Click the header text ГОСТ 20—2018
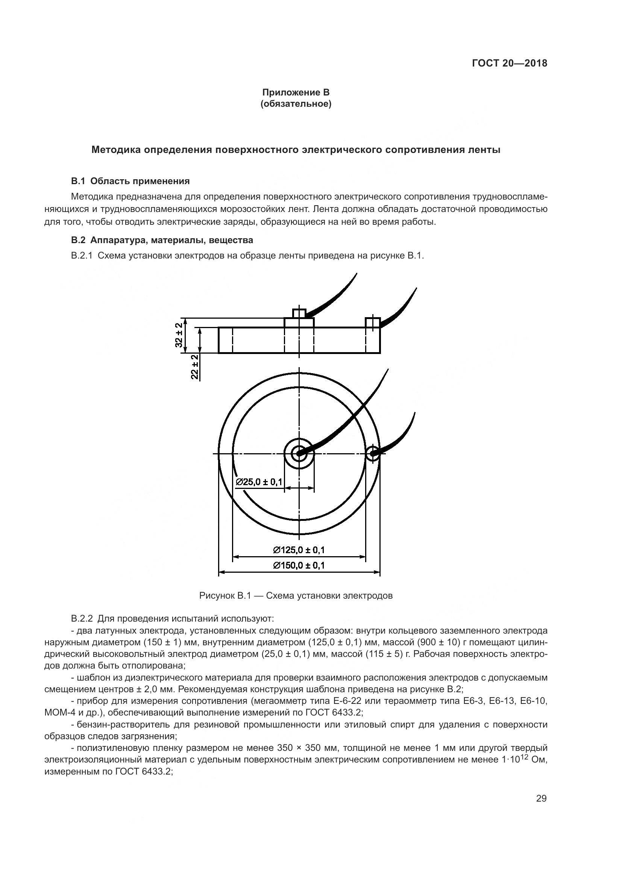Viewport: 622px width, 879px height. (x=509, y=63)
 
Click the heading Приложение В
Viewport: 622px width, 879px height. (x=296, y=92)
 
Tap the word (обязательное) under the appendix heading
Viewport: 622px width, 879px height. (x=296, y=104)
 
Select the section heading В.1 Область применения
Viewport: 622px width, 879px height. (x=130, y=181)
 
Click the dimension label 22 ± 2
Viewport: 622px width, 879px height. (x=195, y=367)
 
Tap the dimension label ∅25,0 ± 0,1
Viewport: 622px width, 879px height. (x=259, y=482)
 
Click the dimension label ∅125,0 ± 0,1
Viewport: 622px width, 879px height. (x=299, y=550)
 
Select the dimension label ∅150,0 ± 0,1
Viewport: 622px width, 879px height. (x=299, y=566)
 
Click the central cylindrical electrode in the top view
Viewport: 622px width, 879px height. (x=299, y=454)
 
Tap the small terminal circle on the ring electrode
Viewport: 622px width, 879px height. (x=372, y=454)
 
